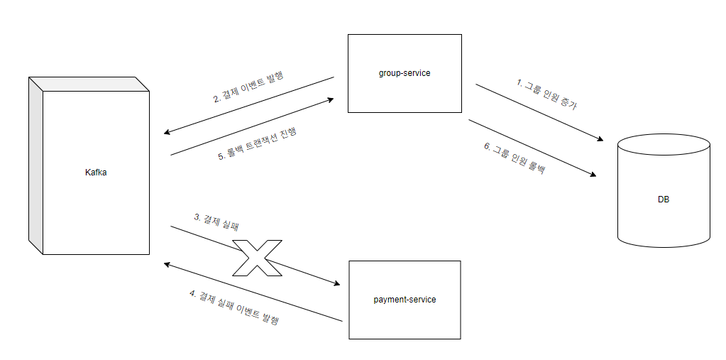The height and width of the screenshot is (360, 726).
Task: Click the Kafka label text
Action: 95,173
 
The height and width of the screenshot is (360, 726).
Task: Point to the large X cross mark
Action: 257,258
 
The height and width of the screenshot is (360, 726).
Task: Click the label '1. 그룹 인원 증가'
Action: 546,94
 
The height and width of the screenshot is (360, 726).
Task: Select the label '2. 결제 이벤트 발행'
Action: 248,87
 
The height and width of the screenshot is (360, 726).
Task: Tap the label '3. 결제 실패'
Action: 216,222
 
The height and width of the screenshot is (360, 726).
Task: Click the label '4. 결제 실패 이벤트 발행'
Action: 234,307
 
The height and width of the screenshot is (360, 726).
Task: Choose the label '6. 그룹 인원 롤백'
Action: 515,158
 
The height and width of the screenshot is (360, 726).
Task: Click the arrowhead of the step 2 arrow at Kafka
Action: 166,133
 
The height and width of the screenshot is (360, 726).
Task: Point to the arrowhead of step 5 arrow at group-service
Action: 330,100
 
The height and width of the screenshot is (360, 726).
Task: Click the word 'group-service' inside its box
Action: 404,73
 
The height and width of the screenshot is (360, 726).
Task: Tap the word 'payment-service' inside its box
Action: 405,300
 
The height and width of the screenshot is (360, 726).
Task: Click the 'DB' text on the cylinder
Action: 664,200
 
